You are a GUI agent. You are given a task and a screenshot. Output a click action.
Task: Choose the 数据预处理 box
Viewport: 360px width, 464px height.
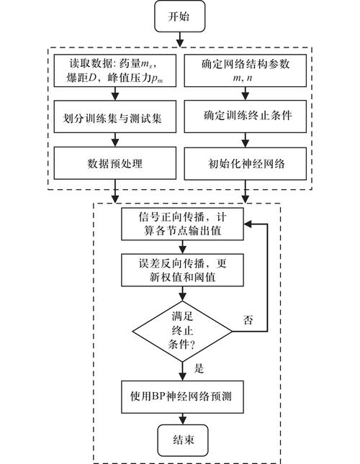click(115, 163)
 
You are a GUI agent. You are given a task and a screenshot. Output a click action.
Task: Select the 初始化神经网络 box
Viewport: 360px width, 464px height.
click(246, 163)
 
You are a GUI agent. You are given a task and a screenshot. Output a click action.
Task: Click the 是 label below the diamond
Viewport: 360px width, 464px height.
click(199, 368)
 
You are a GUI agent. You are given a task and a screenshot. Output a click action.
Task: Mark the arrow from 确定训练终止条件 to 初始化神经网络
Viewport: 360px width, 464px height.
click(246, 141)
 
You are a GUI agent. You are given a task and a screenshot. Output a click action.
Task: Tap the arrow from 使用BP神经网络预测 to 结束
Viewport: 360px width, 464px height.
click(181, 415)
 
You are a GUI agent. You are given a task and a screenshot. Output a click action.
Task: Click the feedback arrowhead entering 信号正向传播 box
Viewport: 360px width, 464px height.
click(252, 224)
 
